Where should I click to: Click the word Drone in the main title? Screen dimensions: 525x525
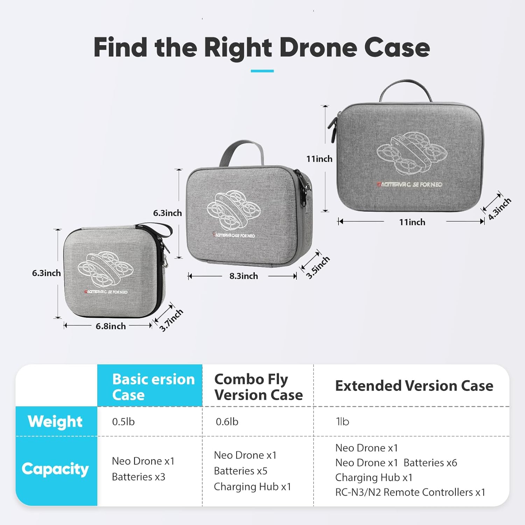[318, 48]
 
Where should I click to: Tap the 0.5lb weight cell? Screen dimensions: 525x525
[123, 422]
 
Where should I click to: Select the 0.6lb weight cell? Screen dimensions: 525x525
[227, 422]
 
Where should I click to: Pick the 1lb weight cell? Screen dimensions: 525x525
[342, 422]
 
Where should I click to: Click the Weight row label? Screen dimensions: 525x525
[55, 421]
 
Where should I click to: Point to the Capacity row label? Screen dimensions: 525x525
[55, 469]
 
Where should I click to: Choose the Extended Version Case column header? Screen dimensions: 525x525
[414, 386]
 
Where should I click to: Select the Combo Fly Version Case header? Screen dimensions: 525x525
[258, 387]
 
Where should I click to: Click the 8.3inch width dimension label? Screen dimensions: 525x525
[244, 276]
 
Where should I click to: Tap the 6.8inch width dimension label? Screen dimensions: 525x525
[111, 326]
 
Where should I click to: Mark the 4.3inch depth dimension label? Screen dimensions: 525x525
[499, 209]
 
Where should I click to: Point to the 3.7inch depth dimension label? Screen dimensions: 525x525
[171, 320]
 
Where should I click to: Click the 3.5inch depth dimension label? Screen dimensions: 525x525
[318, 267]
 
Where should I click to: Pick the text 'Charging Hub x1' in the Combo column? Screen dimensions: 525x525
[252, 487]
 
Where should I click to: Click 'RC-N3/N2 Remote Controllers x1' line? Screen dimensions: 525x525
[410, 492]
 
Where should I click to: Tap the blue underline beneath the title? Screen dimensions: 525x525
[262, 71]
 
